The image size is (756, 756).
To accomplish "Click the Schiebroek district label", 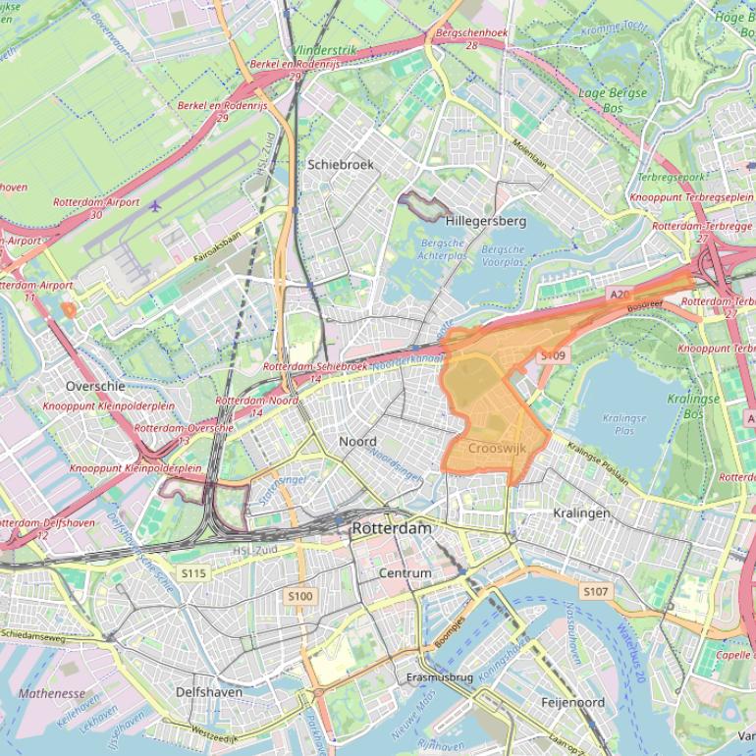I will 341,165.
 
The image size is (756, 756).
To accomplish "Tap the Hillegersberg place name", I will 486,221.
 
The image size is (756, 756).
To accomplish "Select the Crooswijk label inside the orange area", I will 497,448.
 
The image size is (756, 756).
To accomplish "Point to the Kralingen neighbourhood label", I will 581,513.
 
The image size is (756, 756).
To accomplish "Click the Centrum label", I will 405,572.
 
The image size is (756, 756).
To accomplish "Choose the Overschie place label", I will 95,386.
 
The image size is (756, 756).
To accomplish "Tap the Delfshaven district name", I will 208,692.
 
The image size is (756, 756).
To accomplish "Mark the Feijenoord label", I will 572,703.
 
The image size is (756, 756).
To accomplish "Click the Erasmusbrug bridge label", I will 440,677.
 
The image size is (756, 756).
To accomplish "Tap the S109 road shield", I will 554,355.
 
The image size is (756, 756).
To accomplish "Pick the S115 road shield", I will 193,572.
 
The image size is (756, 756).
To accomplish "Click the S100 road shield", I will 299,596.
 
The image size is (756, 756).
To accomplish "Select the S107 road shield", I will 595,591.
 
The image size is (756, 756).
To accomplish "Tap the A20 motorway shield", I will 619,294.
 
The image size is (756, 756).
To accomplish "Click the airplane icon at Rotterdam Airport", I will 155,205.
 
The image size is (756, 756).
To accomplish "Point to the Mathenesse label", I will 51,693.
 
